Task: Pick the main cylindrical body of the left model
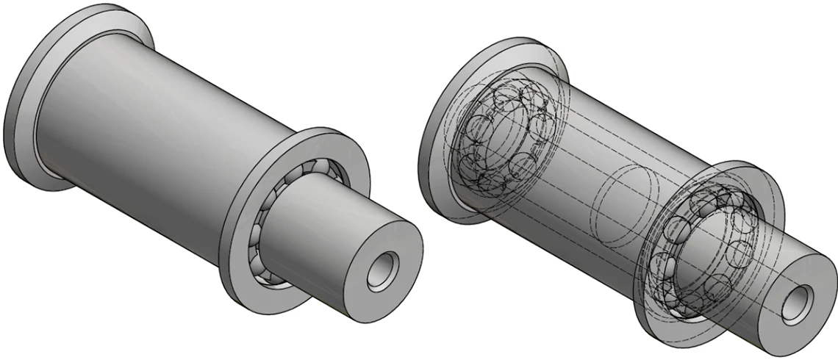(x=147, y=132)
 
